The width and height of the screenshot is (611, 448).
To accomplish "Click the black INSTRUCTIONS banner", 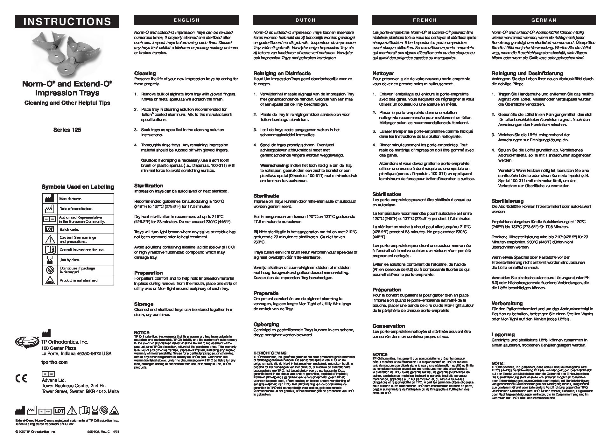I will click(x=67, y=22).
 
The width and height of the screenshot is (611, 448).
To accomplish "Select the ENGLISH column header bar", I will click(x=186, y=20).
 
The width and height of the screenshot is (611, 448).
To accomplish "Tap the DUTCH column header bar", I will click(x=305, y=20).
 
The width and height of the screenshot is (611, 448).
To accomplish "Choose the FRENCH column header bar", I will click(x=425, y=20).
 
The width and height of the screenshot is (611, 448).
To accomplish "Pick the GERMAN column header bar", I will click(x=544, y=20).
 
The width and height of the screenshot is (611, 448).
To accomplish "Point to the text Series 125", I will click(x=67, y=130).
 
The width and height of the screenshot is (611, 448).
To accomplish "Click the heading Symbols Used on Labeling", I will click(x=78, y=187).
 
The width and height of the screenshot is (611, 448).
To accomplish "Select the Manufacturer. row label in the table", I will click(x=70, y=199).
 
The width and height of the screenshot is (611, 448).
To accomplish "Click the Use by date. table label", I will click(x=67, y=260).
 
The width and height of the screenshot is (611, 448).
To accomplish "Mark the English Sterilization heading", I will click(x=149, y=185).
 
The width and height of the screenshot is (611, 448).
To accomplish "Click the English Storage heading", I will click(x=144, y=304).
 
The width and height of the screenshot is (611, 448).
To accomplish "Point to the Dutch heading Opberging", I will click(x=266, y=324).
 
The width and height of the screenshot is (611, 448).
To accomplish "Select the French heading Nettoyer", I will click(x=383, y=73).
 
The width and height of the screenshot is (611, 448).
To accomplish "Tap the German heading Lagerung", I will click(x=503, y=334).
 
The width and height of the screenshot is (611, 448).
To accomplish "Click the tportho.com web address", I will click(x=55, y=362).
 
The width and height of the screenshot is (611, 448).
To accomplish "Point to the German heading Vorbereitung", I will click(x=507, y=303).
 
